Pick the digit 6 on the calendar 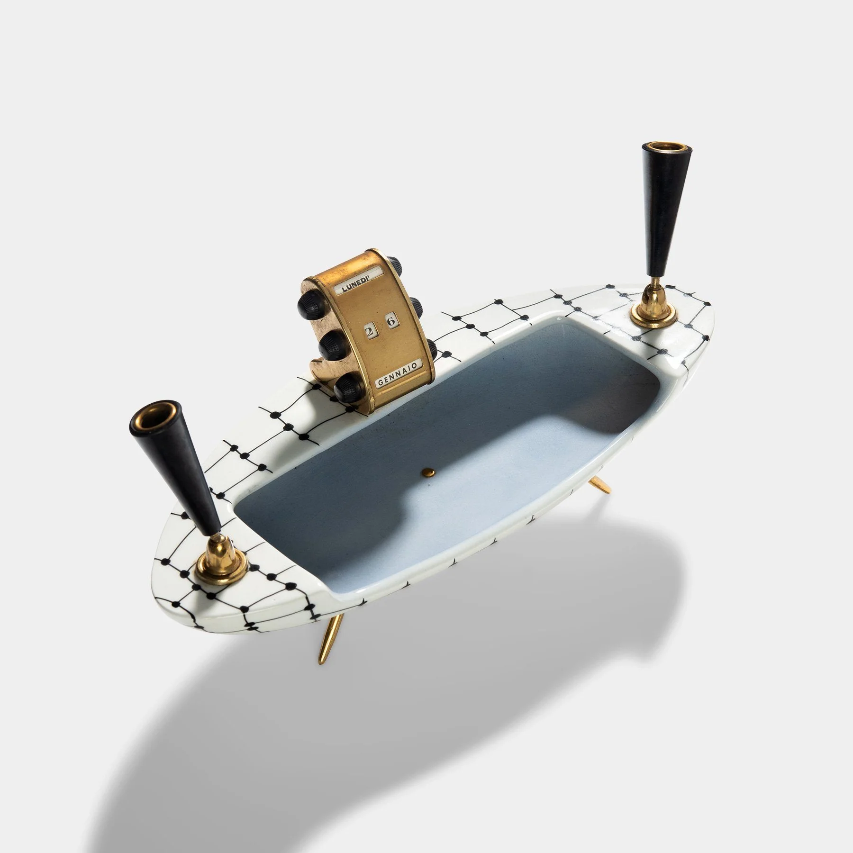[x=390, y=322]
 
